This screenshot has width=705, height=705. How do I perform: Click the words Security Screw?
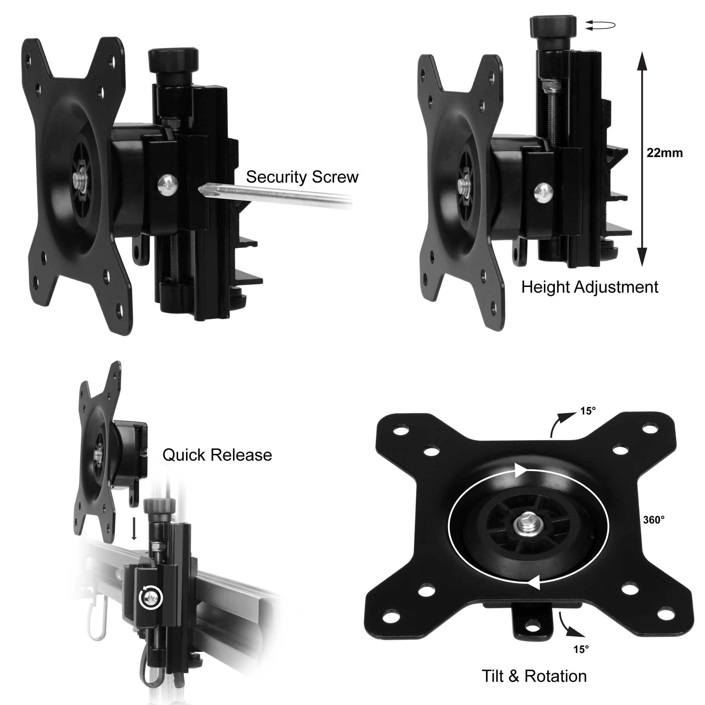point(302,177)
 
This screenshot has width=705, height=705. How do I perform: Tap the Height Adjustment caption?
point(590,287)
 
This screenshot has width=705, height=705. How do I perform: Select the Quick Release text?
point(217,455)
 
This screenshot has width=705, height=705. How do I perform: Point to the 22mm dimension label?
point(664,153)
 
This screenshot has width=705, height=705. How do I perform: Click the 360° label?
point(654,520)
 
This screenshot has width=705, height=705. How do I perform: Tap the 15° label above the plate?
point(588,411)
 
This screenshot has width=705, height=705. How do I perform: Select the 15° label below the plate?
point(581,650)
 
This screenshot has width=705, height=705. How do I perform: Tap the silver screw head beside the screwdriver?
point(168,186)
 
